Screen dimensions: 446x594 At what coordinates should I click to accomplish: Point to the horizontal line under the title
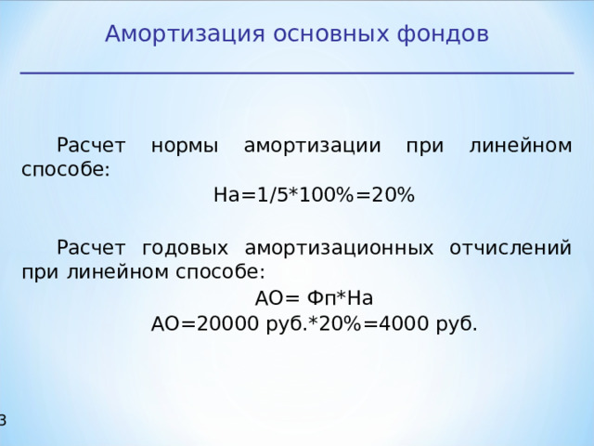(297, 72)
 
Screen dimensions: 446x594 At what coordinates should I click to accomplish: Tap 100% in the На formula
(326, 196)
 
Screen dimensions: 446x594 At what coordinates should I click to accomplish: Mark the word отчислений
(510, 248)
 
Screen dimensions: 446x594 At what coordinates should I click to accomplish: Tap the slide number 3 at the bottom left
(3, 421)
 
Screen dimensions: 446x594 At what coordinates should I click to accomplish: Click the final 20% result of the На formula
(393, 196)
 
